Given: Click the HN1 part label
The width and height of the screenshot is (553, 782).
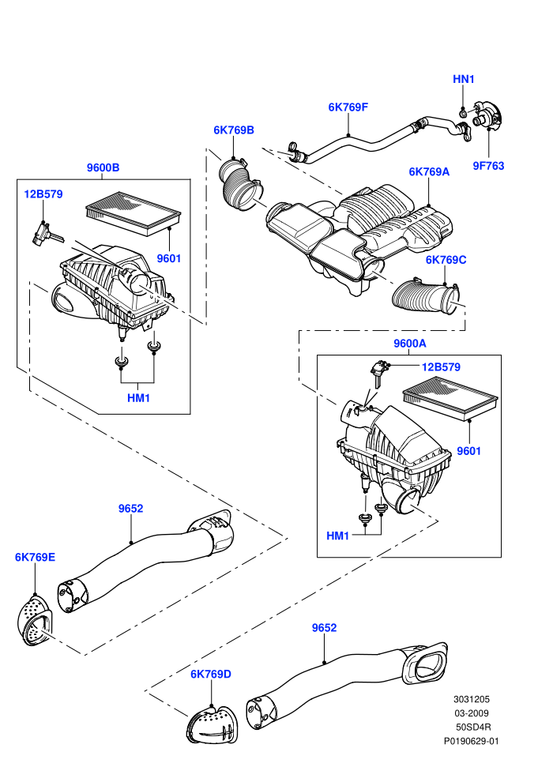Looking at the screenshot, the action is point(463,79).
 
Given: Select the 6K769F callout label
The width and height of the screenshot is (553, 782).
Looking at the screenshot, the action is point(348,107).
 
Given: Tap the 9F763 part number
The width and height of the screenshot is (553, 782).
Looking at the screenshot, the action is point(488,166).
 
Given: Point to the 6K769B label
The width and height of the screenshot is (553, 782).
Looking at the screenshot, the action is point(234,130).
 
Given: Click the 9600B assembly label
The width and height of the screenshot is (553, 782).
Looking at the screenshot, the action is point(103,167).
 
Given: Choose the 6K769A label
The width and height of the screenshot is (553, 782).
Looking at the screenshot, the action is point(429,172).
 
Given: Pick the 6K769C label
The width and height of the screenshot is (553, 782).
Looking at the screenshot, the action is point(446,261).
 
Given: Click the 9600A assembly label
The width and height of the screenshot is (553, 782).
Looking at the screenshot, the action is point(410,344).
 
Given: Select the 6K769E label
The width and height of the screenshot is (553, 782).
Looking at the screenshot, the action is point(35,557).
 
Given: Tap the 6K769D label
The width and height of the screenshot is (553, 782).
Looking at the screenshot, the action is point(211,675).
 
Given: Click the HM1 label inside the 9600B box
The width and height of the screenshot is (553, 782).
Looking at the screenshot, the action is point(138,398).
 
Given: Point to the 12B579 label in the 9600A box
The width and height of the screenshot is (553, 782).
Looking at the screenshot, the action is point(441,367).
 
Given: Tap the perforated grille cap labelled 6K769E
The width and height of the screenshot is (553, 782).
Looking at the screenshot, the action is point(35,620).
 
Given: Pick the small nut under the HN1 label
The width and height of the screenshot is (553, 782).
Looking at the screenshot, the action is point(463,114).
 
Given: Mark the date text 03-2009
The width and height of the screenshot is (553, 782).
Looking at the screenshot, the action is point(471,714).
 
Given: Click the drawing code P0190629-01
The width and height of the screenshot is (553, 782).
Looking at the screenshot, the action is point(471,742).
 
